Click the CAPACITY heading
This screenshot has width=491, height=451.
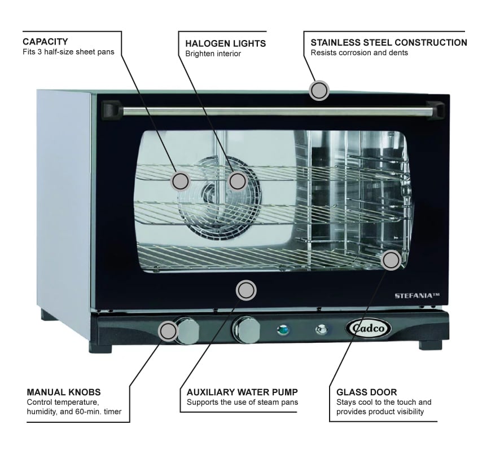[x=45, y=42]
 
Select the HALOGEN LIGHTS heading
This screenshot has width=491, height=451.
[x=226, y=43]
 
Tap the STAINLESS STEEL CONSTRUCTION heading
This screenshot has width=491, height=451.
[x=389, y=42]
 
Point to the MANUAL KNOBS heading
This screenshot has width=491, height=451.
[x=64, y=392]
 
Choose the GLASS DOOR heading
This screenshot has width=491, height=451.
[x=366, y=392]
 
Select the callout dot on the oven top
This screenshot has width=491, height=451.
[x=319, y=90]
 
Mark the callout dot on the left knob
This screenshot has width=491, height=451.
[x=168, y=331]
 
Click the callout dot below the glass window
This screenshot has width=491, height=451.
[x=246, y=290]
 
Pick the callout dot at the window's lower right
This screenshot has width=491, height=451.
[x=391, y=260]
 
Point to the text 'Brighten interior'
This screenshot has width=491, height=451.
[x=213, y=54]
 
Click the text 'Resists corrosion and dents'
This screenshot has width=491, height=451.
[x=359, y=53]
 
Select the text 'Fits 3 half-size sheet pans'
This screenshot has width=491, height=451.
[x=68, y=52]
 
